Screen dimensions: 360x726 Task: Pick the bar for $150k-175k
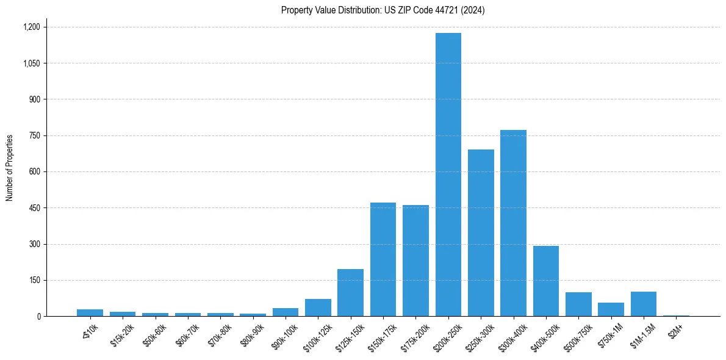pos(383,259)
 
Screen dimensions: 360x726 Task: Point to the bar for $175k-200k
pos(415,261)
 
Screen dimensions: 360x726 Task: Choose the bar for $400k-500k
pos(546,281)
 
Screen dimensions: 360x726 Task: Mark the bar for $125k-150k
pos(350,292)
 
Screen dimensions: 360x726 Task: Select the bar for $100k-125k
pos(318,308)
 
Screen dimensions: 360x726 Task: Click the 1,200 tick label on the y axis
pos(31,27)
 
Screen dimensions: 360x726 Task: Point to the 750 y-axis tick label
pos(34,135)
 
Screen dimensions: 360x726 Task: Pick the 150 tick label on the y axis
pos(34,280)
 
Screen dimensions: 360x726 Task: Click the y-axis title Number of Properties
pos(10,168)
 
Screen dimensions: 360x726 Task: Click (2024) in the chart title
pos(473,10)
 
